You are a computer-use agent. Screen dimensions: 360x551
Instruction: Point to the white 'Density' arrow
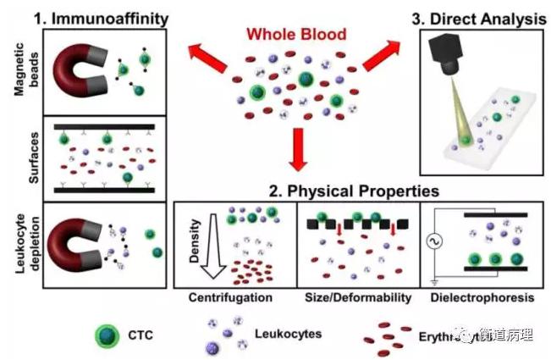pos(203,251)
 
